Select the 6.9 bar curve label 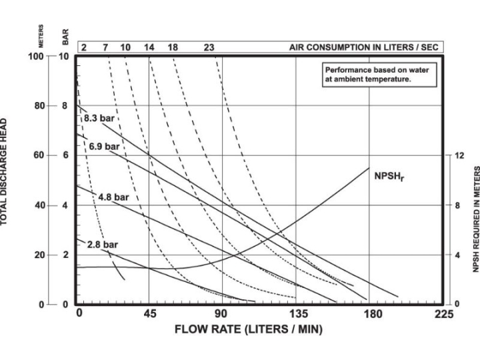coord(104,146)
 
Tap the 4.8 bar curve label coord(113,197)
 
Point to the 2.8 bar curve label coord(103,245)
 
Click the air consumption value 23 coord(209,48)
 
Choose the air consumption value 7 coord(105,48)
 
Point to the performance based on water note coord(377,73)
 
